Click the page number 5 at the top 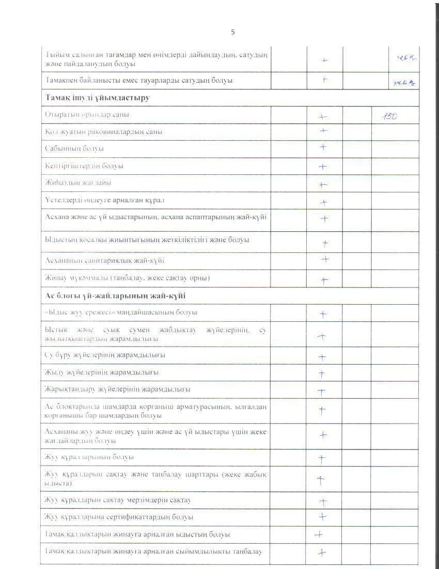click(232, 32)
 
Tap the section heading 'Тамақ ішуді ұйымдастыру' click(98, 97)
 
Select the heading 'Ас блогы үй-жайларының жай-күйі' click(116, 295)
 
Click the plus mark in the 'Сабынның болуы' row click(323, 147)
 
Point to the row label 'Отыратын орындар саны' click(87, 114)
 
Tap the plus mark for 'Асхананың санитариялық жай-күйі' click(325, 259)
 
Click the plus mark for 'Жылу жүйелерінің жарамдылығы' click(322, 373)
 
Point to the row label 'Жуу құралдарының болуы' click(89, 457)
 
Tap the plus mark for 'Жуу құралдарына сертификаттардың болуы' click(323, 516)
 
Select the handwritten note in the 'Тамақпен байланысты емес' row click(405, 81)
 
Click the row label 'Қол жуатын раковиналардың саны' click(103, 131)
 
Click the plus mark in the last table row click(322, 552)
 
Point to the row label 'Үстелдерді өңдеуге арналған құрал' click(105, 200)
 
